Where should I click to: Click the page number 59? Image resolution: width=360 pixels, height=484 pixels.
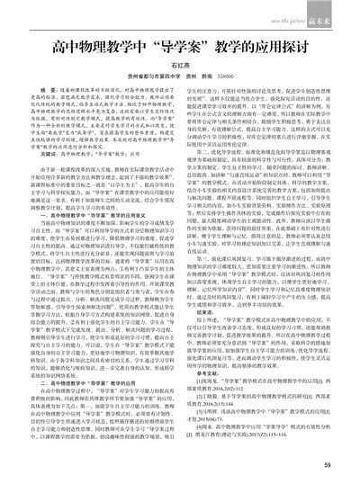click(x=328, y=465)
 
